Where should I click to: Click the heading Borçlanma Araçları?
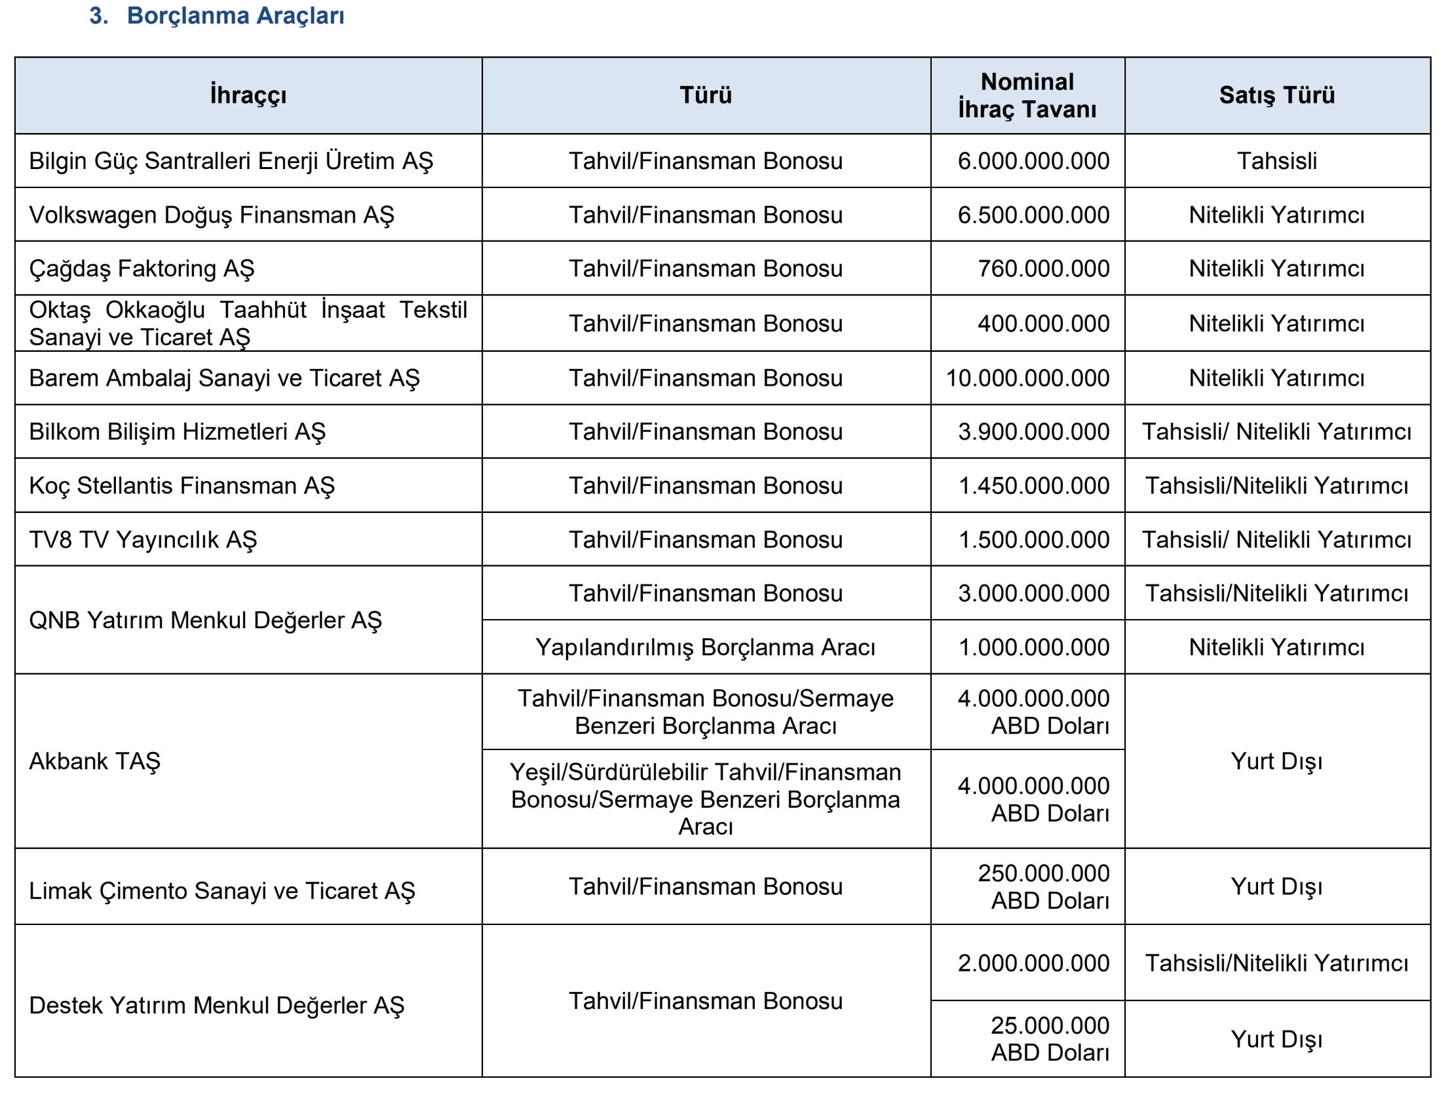tap(235, 16)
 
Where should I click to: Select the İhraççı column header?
tap(248, 95)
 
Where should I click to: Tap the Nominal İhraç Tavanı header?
tap(1027, 95)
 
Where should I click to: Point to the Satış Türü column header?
tap(1277, 95)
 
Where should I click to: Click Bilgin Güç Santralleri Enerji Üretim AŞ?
tap(231, 161)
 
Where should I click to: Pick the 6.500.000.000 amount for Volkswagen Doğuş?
tap(1033, 215)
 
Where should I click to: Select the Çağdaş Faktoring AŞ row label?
tap(142, 269)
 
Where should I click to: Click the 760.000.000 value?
tap(1043, 269)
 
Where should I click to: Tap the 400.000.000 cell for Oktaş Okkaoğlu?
tap(1043, 324)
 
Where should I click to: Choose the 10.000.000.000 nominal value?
tap(1027, 378)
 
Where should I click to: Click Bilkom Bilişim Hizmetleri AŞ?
tap(177, 432)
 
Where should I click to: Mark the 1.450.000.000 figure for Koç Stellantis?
tap(1034, 485)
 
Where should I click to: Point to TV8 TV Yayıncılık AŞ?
tap(143, 539)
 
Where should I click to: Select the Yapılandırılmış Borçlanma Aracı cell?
tap(706, 647)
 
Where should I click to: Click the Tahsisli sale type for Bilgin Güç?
tap(1277, 161)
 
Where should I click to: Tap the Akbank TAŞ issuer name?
tap(95, 761)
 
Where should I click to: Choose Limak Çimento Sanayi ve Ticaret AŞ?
tap(223, 890)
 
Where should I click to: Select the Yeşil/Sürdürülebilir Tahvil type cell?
tap(706, 799)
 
